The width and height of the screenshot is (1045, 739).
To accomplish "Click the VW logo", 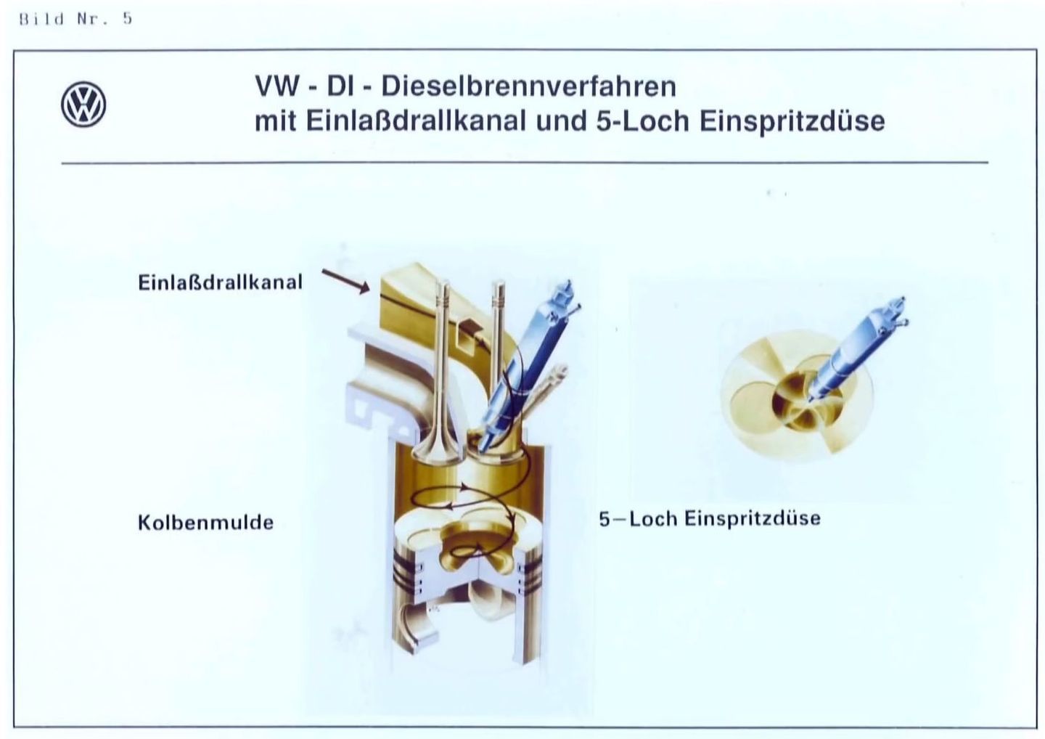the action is [83, 104].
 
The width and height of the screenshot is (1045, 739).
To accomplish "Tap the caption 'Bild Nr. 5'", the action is [76, 19].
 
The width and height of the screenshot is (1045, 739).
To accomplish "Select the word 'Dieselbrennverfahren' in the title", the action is [528, 87].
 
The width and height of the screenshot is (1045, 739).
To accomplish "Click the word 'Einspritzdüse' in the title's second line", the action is [792, 121].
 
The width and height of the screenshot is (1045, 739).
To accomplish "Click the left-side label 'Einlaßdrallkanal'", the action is [220, 282].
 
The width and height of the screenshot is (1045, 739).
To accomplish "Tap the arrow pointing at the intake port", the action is [345, 282].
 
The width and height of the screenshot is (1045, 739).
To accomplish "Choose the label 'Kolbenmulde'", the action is [206, 522].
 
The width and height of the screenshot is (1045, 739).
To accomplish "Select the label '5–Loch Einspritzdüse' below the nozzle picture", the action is [709, 518].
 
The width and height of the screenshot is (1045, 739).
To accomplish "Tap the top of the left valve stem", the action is [443, 282].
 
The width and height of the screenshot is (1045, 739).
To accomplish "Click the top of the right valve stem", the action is [499, 282].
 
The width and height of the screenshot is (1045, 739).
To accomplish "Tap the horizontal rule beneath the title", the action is [525, 163].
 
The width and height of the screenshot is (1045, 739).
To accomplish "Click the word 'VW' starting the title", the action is [276, 87].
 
